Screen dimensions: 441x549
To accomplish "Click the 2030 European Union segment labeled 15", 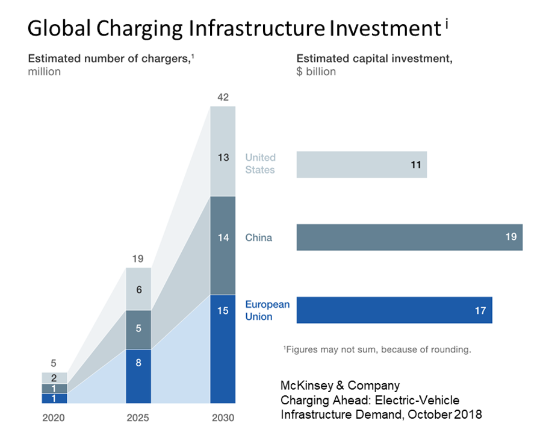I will click(223, 349).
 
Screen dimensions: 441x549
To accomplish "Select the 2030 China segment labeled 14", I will click(223, 245).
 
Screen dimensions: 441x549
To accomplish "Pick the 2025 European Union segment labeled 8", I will click(138, 377).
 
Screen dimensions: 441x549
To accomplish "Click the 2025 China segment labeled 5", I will click(138, 330).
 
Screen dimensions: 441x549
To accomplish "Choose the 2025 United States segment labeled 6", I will click(138, 289).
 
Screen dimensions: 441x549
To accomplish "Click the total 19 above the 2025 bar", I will click(138, 259).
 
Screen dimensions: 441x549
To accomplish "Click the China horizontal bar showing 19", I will click(409, 237).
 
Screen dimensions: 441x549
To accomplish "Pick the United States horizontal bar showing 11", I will click(361, 164).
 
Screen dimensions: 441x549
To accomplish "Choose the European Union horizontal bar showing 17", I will click(394, 310).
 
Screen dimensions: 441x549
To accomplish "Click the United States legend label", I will click(260, 164).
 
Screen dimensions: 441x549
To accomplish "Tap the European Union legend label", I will click(267, 310).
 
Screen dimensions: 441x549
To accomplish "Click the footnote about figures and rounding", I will click(377, 349).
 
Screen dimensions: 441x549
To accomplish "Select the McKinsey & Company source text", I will click(340, 385).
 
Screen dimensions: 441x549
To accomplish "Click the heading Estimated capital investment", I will click(374, 59).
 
